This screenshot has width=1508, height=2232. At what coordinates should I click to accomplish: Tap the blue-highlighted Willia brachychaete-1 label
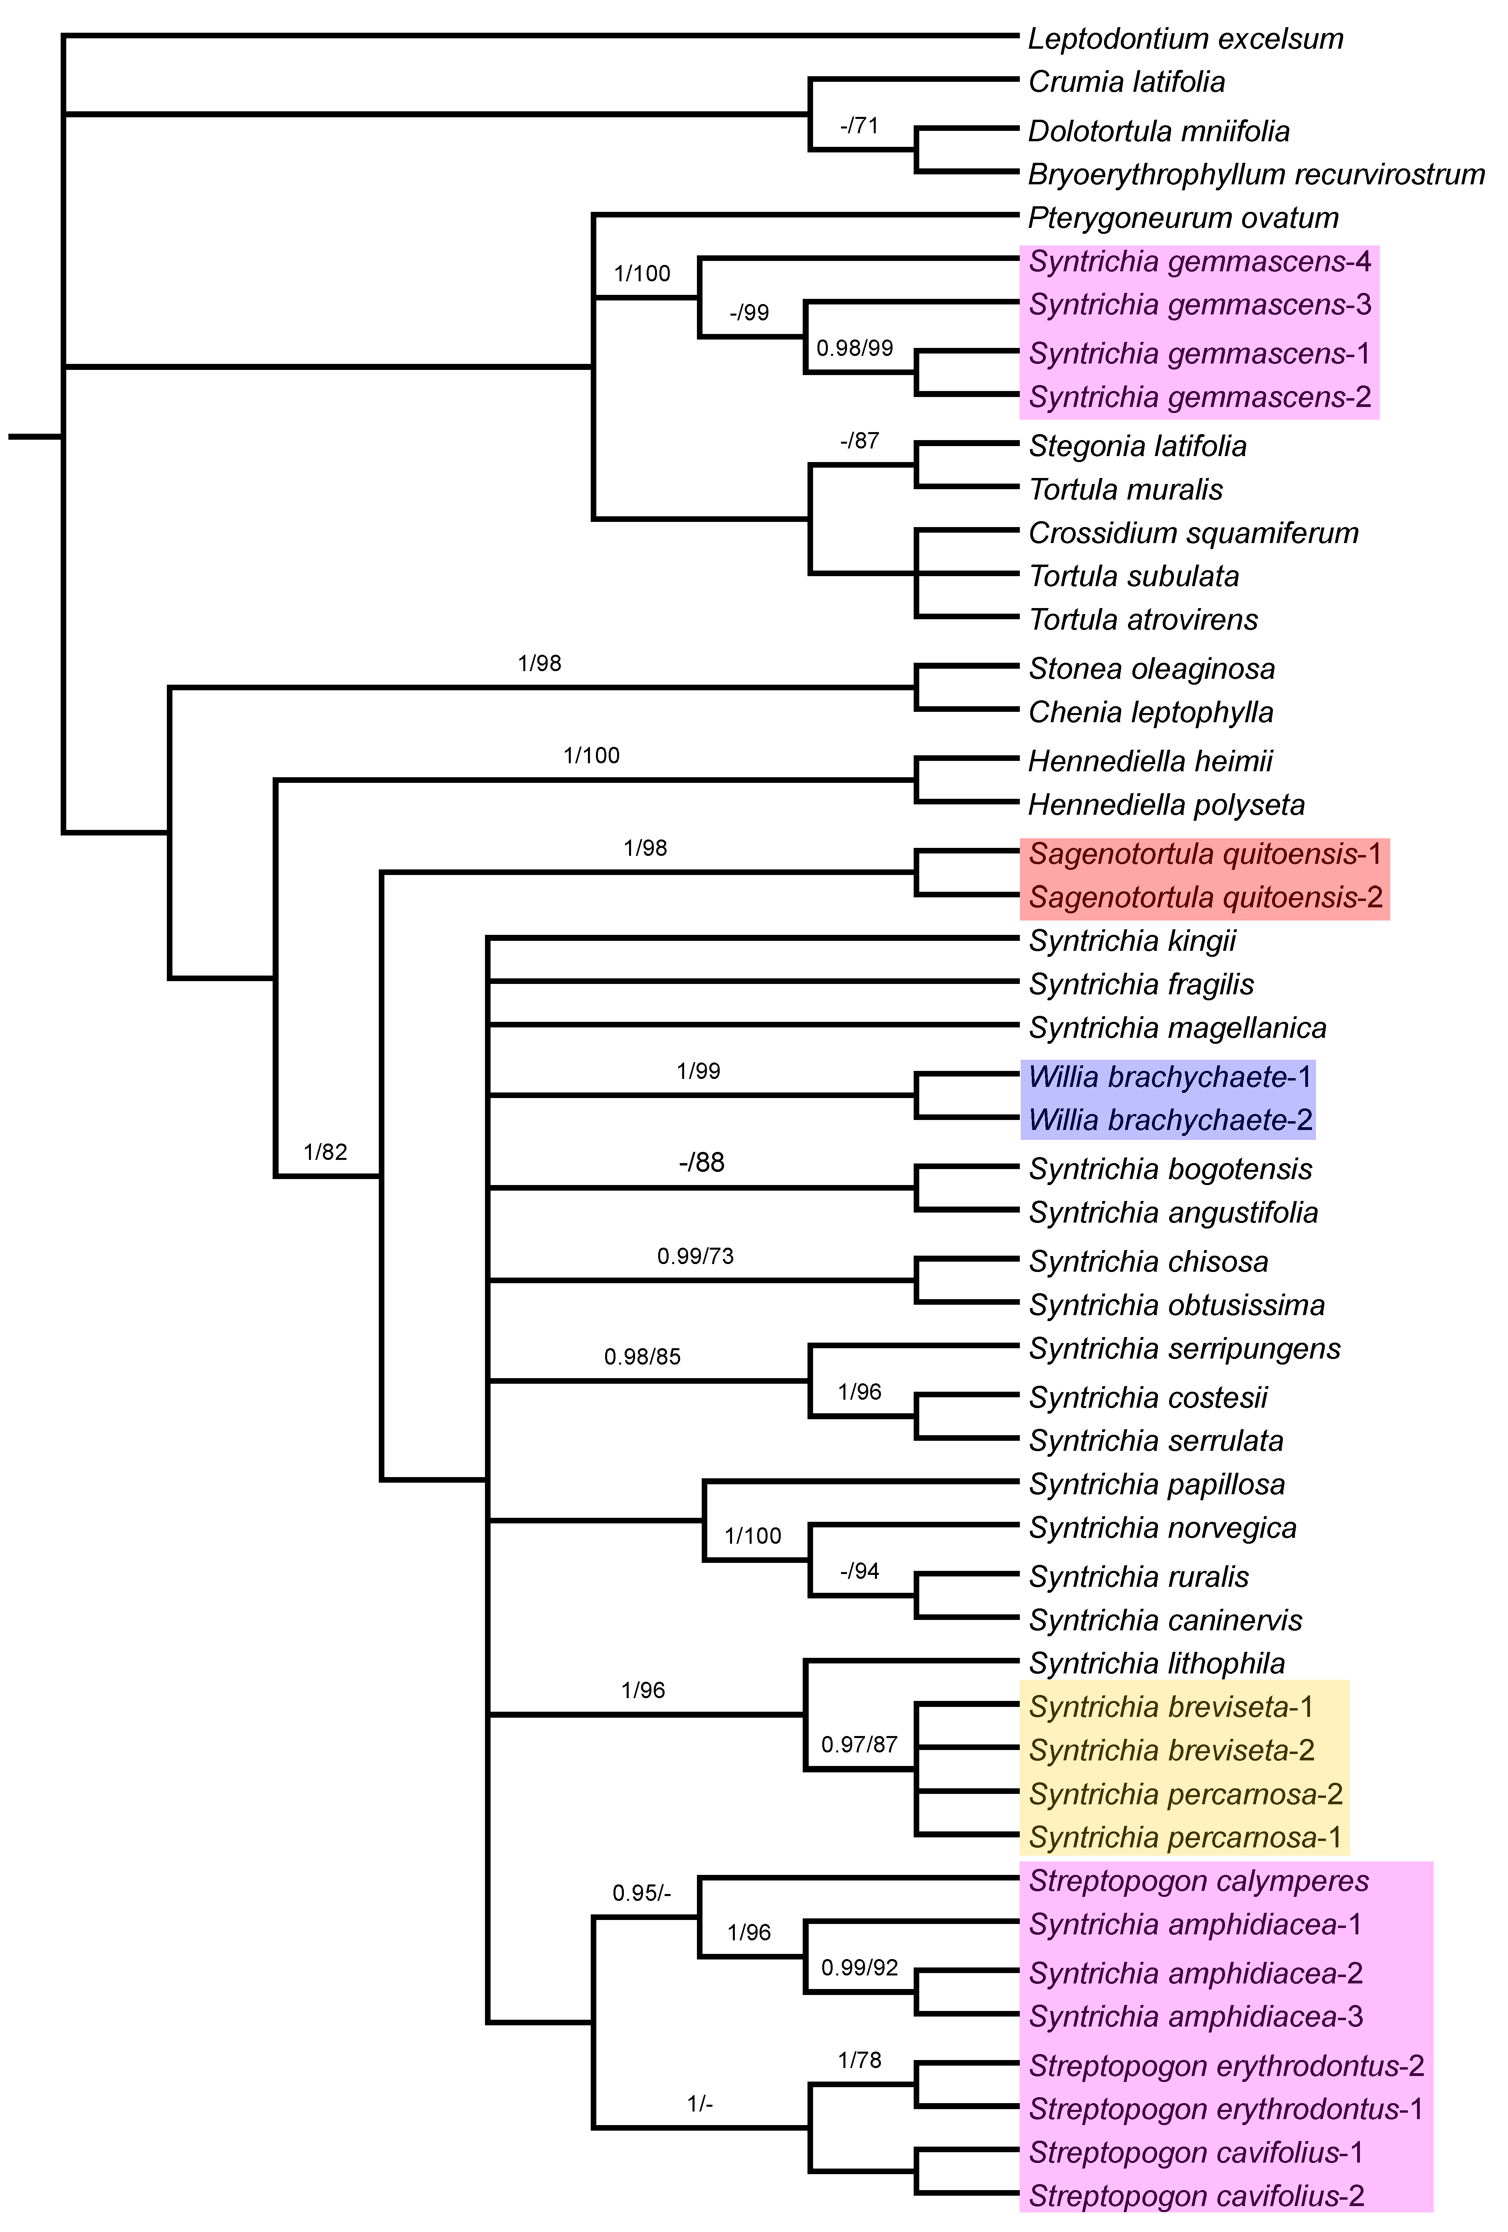[x=1169, y=1076]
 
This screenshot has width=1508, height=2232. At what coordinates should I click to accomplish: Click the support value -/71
[x=859, y=126]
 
